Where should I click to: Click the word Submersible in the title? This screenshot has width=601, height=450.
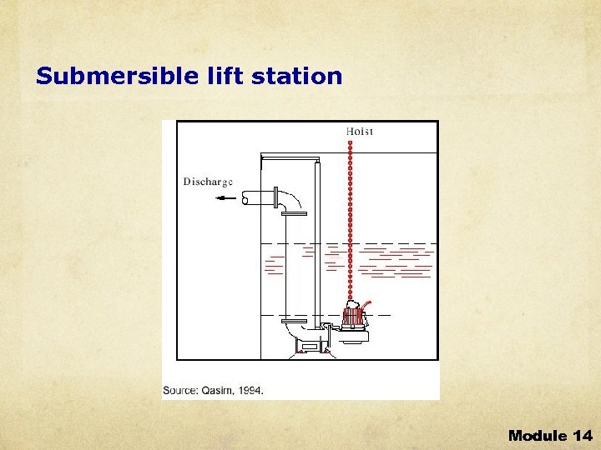click(117, 77)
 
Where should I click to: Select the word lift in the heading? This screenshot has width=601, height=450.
click(220, 77)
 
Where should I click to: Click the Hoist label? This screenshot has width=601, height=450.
click(360, 131)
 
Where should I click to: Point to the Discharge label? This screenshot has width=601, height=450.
click(208, 182)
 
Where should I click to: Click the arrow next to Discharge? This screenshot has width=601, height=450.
click(224, 198)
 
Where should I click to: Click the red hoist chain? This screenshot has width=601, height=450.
click(351, 217)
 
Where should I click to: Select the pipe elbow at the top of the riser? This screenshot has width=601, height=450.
click(293, 201)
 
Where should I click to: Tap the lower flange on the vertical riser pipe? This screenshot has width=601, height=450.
click(296, 321)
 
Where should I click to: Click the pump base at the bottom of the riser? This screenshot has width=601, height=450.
click(309, 343)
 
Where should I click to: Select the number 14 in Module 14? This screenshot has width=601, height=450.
click(582, 435)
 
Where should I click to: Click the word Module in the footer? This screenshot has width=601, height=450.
click(538, 435)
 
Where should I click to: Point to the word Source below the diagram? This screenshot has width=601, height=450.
click(181, 389)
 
